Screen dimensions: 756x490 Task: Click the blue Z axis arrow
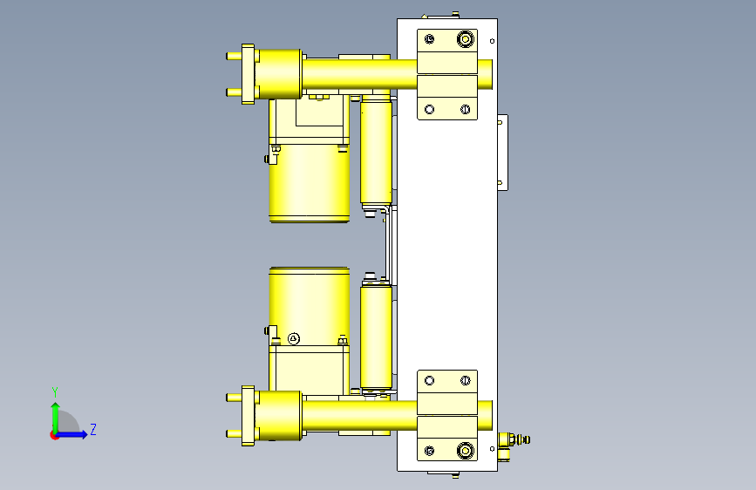[x=72, y=434]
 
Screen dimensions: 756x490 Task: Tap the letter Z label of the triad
[x=93, y=429]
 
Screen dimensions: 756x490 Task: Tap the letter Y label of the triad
[x=55, y=391]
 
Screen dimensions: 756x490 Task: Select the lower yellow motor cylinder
[x=310, y=306]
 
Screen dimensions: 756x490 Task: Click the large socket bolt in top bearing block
[x=466, y=39]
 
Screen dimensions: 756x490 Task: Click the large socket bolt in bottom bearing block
[x=466, y=451]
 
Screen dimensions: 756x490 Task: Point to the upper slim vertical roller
[x=376, y=150]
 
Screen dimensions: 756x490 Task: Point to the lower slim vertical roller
[x=376, y=337]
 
